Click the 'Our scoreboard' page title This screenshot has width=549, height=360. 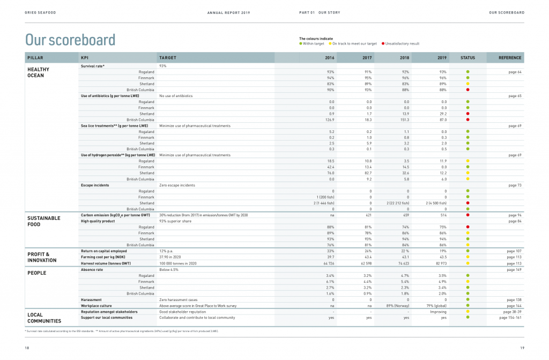click(70, 40)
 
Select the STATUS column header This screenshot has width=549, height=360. click(468, 57)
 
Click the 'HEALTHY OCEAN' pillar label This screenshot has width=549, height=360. click(38, 72)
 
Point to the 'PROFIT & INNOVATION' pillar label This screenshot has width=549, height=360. click(42, 257)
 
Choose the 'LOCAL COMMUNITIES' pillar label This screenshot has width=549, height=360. click(44, 318)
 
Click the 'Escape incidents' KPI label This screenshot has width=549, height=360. click(95, 185)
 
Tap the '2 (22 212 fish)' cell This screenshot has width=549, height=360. click(398, 203)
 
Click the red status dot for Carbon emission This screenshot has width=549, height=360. click(468, 215)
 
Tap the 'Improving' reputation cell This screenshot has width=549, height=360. click(438, 312)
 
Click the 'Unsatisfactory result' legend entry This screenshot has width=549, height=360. click(401, 43)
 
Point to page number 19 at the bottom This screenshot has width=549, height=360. click(522, 348)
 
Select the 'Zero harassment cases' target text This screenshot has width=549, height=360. click(178, 299)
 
